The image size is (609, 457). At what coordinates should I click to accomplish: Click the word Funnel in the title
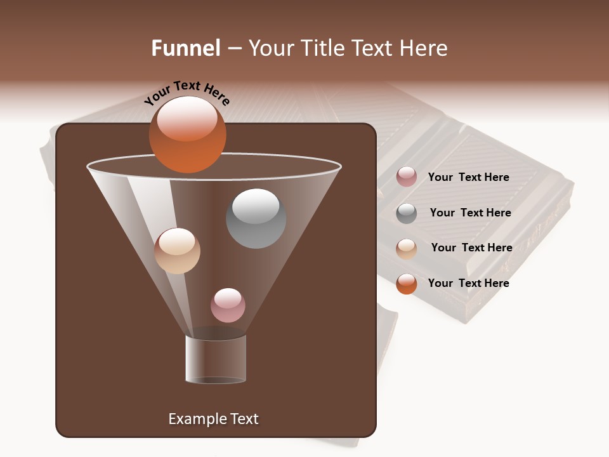click(185, 48)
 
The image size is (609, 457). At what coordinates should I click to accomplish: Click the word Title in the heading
click(321, 48)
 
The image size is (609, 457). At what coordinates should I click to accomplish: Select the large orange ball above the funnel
click(187, 134)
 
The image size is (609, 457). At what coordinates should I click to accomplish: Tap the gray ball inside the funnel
click(256, 218)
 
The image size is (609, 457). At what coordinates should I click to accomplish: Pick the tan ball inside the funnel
click(177, 251)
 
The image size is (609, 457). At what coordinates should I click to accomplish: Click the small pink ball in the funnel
click(228, 305)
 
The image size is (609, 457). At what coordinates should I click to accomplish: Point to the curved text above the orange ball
click(187, 93)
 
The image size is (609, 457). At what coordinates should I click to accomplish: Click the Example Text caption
click(213, 419)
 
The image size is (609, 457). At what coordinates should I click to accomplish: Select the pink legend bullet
click(407, 177)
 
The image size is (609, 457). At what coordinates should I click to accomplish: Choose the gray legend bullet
click(407, 213)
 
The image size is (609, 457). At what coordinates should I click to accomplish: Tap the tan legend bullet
click(407, 249)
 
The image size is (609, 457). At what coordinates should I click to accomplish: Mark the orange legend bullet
click(407, 284)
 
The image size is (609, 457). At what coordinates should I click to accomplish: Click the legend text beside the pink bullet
click(468, 177)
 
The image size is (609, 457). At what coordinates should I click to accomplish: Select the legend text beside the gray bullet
click(470, 213)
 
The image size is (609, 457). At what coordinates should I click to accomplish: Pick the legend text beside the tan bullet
click(471, 248)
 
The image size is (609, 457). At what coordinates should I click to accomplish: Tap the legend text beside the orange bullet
click(468, 283)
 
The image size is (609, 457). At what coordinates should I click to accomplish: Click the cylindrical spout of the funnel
click(216, 359)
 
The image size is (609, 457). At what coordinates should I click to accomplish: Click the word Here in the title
click(424, 48)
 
